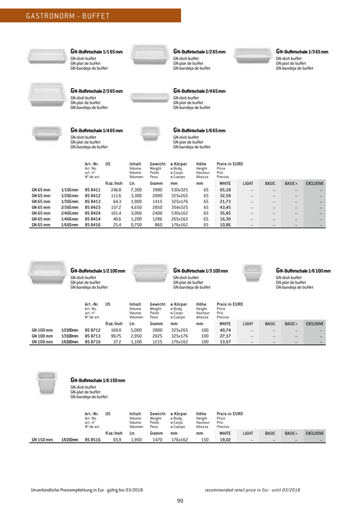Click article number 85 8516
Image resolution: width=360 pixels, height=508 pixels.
93,440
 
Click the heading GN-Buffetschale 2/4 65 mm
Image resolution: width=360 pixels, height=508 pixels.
199,92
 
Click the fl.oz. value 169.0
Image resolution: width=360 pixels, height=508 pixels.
116,330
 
